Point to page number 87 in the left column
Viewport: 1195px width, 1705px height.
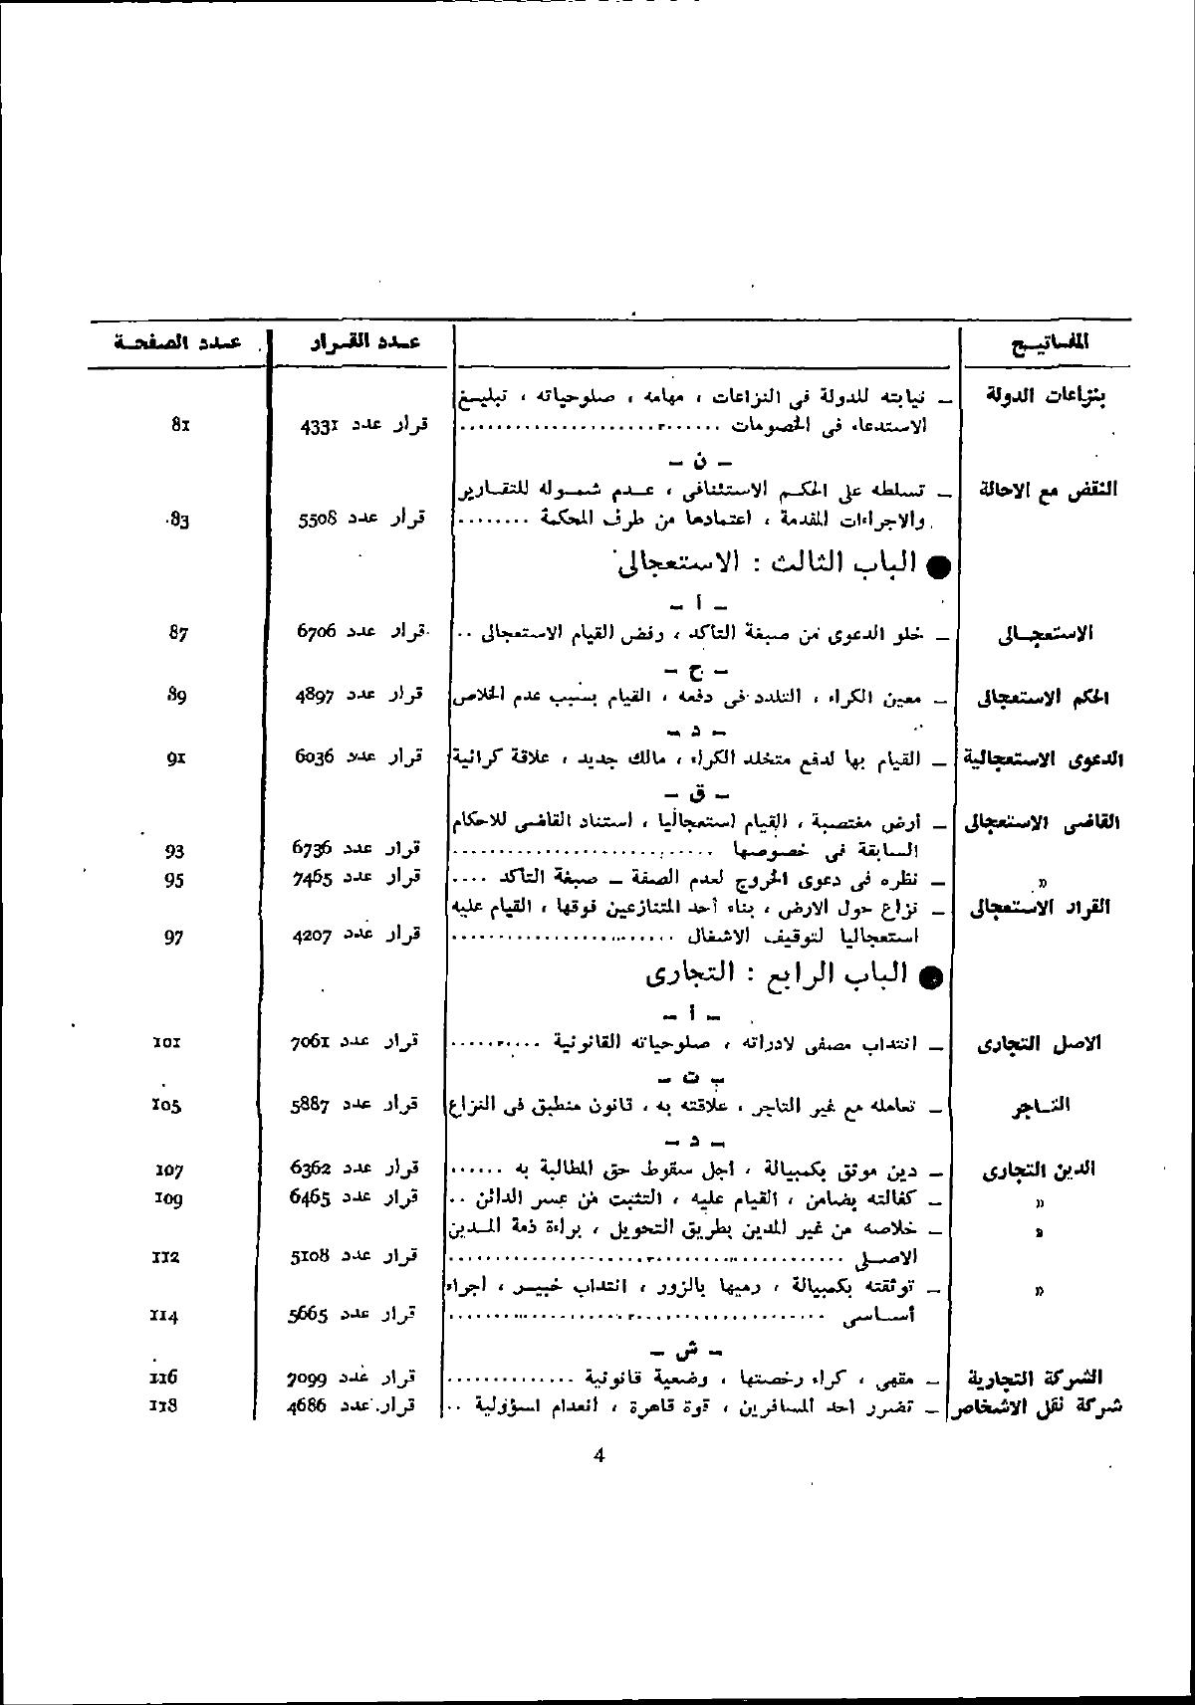[x=179, y=632]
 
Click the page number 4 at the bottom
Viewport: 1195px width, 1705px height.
[x=598, y=1456]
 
